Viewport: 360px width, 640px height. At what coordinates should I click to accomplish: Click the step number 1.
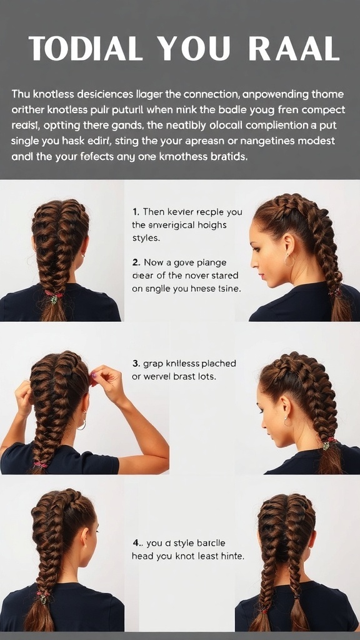click(x=136, y=212)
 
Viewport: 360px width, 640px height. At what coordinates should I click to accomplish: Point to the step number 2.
click(x=136, y=262)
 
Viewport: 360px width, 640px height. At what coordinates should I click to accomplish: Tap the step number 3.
click(x=136, y=363)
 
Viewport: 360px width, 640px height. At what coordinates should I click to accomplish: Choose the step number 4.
click(x=136, y=542)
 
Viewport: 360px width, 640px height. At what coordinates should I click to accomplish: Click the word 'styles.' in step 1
click(x=146, y=238)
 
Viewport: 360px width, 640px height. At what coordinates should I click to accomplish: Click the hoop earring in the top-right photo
click(x=289, y=260)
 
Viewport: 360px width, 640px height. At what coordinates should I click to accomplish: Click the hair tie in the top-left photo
click(x=54, y=295)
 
